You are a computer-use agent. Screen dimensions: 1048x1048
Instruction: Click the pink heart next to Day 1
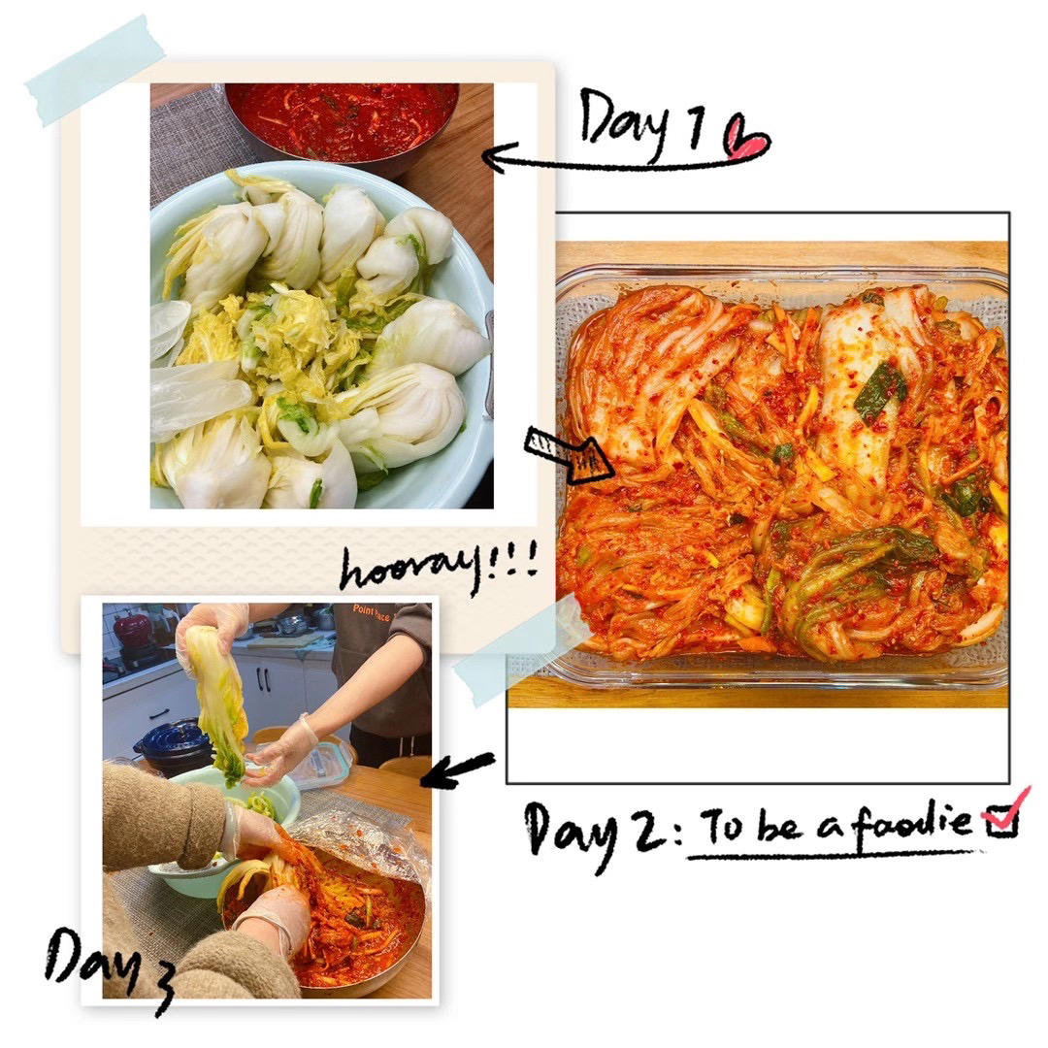pos(747,137)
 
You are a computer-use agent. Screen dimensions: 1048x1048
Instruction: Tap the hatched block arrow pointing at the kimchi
pos(568,454)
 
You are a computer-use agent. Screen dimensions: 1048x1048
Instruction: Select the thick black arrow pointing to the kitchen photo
pos(457,769)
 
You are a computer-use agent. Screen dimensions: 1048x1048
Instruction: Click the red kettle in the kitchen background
pos(133,629)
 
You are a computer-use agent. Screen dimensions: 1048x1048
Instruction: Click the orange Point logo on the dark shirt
pos(371,612)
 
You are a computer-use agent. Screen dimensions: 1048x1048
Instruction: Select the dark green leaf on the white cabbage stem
pos(881,391)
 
